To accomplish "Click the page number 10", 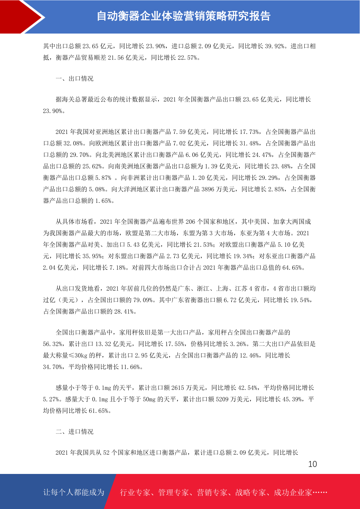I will click(313, 464).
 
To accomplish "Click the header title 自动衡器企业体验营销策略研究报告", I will click(183, 16).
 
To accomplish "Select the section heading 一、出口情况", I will click(75, 79).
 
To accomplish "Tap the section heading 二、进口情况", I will click(75, 432).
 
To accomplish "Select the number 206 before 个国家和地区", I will click(190, 222).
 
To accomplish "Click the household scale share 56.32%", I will click(53, 344).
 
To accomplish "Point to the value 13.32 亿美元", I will click(103, 344).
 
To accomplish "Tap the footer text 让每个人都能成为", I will click(74, 492).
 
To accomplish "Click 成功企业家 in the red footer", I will click(293, 492).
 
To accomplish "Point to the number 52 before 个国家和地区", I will click(106, 452).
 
